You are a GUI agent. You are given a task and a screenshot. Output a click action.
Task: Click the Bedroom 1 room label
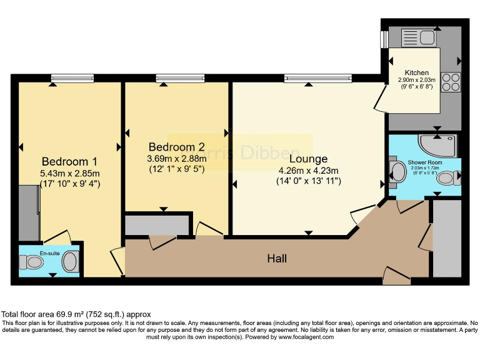(x=69, y=161)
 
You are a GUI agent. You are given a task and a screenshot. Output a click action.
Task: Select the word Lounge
(x=308, y=159)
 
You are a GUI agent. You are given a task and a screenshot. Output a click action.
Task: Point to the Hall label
(x=277, y=258)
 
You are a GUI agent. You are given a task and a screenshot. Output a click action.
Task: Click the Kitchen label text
(x=416, y=72)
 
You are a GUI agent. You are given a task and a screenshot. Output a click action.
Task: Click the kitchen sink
(x=414, y=37)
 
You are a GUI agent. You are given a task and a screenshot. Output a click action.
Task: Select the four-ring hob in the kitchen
(x=451, y=82)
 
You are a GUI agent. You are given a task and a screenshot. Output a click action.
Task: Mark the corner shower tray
(x=440, y=145)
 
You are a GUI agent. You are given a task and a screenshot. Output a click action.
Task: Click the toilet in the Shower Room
(x=446, y=178)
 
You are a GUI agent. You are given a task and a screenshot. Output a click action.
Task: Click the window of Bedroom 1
(x=72, y=77)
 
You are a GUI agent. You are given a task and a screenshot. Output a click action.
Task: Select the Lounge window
(x=309, y=77)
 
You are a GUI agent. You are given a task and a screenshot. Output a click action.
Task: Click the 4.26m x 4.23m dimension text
(x=308, y=171)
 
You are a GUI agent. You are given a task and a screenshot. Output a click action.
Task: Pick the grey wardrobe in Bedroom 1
(x=29, y=212)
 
